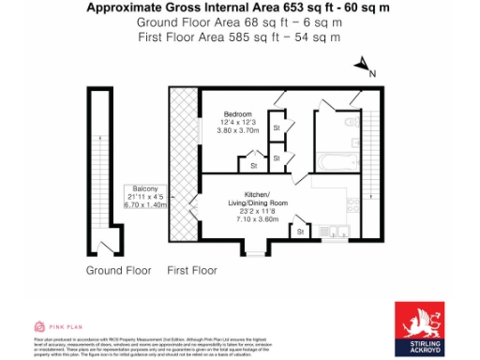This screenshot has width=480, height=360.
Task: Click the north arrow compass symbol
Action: coord(362,67)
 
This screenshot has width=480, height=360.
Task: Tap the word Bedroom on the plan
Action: coord(237,113)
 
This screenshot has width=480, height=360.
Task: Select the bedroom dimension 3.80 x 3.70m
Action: coord(237,130)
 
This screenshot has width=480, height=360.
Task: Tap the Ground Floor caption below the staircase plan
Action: coord(118,270)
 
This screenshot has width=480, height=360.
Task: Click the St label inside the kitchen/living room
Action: coord(299,231)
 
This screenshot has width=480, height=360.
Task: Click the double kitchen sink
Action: coord(335,232)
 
